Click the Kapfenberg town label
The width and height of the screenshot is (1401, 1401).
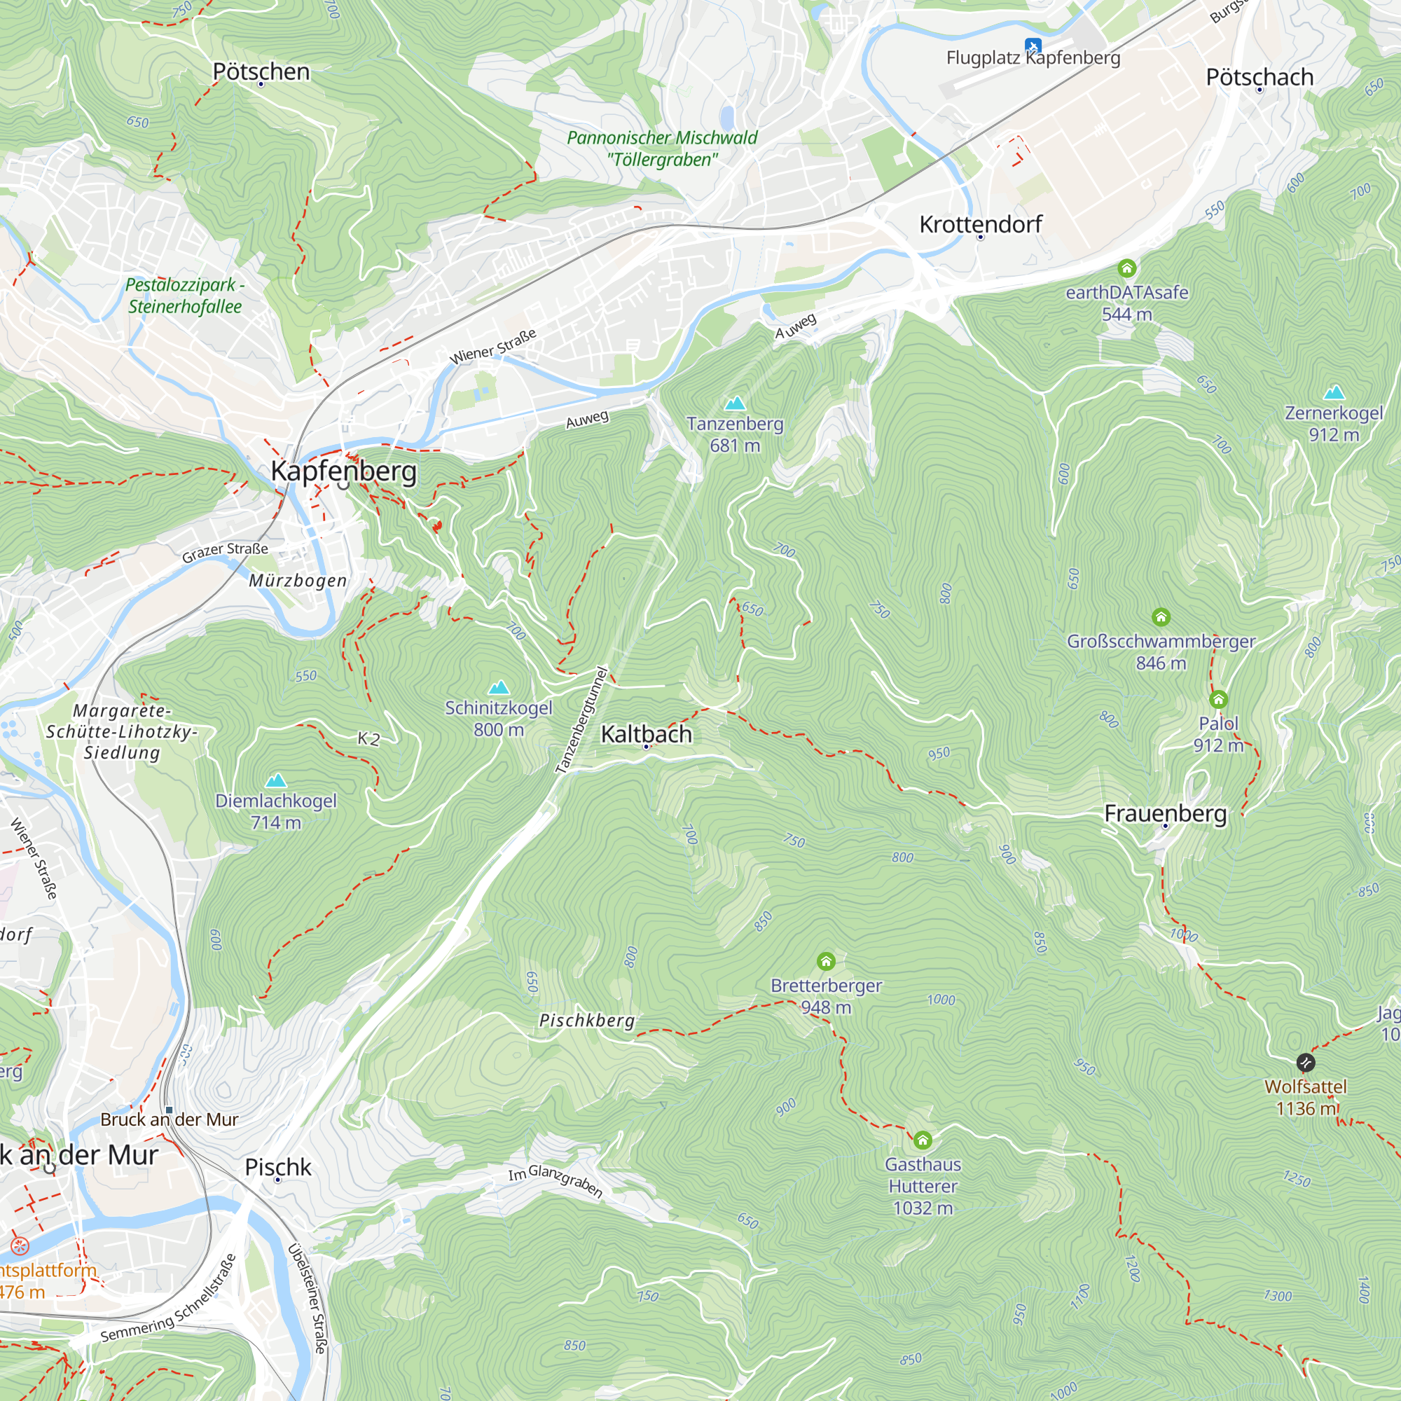coord(344,471)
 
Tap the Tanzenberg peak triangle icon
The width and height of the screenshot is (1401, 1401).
coord(736,403)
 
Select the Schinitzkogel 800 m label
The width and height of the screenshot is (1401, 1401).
coord(499,719)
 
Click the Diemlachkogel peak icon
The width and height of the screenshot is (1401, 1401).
coord(275,781)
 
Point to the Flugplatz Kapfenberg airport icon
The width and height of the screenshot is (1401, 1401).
coord(1033,46)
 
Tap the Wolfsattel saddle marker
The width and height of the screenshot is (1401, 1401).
coord(1305,1063)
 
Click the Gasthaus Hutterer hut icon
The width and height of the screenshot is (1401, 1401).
coord(923,1140)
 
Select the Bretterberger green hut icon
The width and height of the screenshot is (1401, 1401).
coord(826,962)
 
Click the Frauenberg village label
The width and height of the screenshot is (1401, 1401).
coord(1166,813)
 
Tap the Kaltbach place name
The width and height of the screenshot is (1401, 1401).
coord(646,734)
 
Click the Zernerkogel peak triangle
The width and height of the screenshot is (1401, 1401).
coord(1334,393)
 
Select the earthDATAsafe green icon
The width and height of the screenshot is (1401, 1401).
coord(1126,268)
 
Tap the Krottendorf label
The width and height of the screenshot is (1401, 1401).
coord(981,224)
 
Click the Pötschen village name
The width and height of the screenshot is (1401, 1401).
coord(261,71)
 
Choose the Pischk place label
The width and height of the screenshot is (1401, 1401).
coord(277,1167)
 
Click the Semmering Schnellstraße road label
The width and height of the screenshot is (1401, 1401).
coord(168,1298)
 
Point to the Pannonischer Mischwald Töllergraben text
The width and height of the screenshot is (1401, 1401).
coord(662,148)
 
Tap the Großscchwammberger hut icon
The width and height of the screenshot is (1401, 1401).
coord(1161,617)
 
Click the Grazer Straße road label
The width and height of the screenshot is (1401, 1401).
coord(225,552)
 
